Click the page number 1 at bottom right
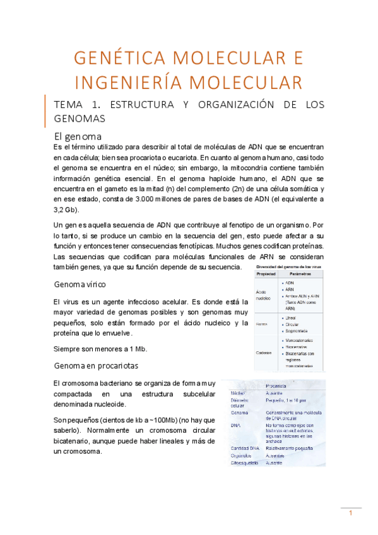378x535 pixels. tap(351, 513)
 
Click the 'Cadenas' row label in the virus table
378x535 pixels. tap(264, 353)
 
